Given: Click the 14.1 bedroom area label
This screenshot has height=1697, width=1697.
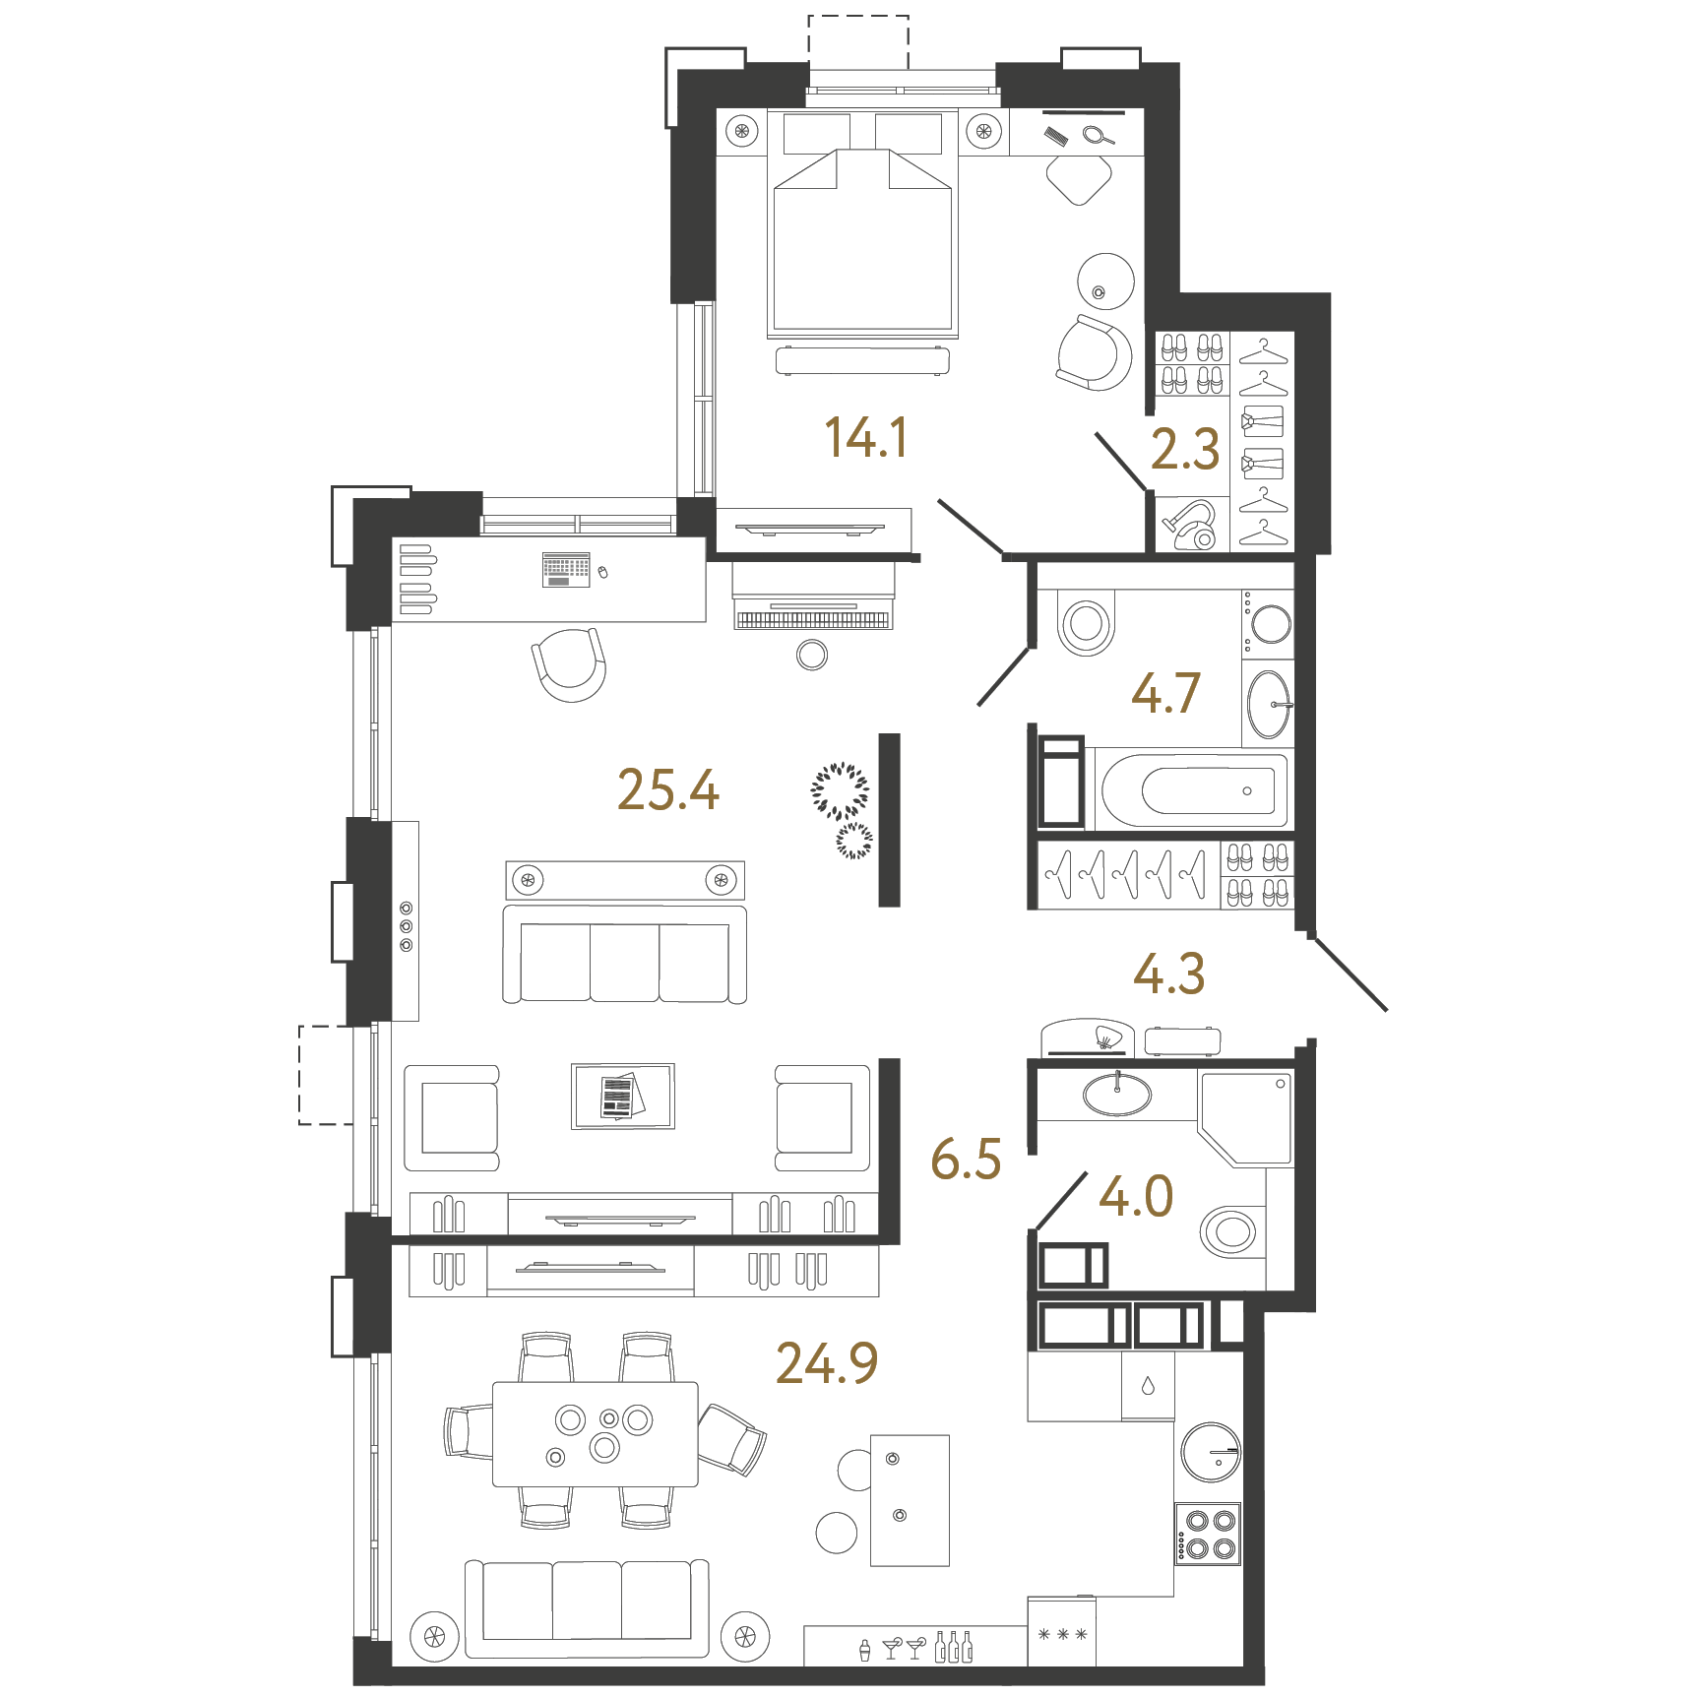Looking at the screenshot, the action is [x=865, y=437].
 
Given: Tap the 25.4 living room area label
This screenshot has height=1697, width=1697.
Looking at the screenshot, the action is [x=668, y=789].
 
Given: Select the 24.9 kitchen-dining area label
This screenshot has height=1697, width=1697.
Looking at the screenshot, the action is [x=827, y=1363].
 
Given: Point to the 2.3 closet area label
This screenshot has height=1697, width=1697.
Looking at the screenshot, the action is [x=1185, y=449].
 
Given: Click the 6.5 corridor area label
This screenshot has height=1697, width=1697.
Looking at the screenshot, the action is [x=966, y=1159].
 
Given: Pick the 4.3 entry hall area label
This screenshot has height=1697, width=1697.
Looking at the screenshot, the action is [x=1168, y=974].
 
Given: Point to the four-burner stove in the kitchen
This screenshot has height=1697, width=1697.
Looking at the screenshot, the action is [x=1208, y=1534].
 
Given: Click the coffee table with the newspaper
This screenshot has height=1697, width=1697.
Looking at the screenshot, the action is [x=623, y=1096].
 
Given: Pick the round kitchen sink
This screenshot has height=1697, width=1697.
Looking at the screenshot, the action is [x=1211, y=1452].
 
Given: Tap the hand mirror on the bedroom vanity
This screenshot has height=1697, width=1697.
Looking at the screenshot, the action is [x=1098, y=136].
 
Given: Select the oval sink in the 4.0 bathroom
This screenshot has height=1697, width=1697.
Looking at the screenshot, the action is [x=1117, y=1094].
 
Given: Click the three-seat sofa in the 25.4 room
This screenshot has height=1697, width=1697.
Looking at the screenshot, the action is [x=625, y=955].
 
